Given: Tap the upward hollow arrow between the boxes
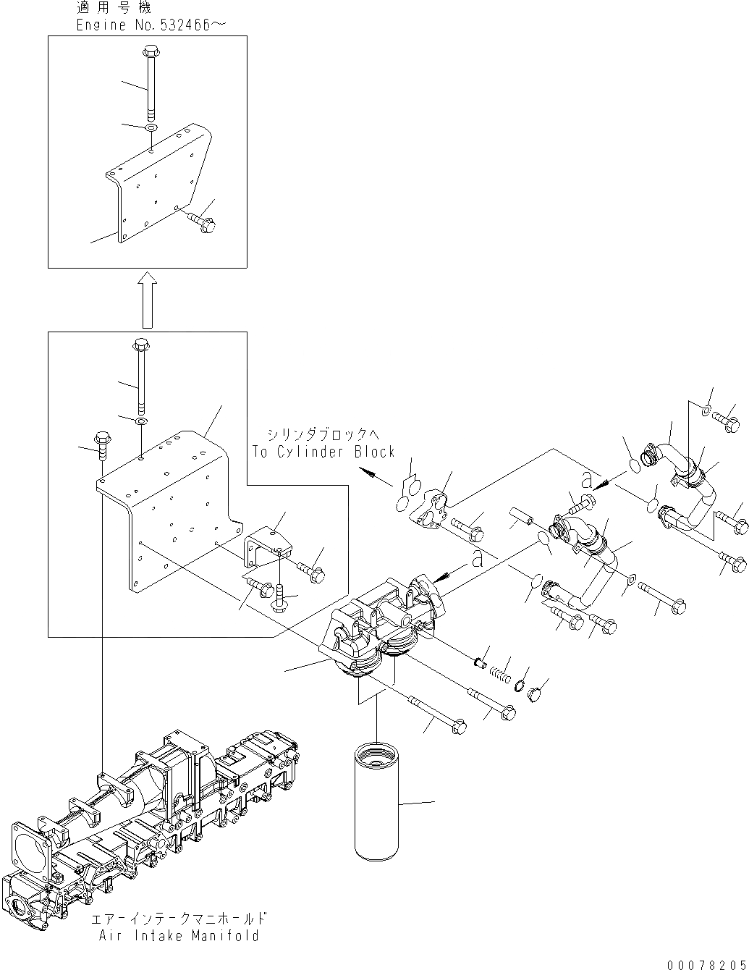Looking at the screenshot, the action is (x=148, y=300).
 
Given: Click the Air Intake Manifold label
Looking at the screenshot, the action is (x=179, y=935).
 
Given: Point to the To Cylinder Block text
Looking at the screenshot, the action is (x=323, y=452).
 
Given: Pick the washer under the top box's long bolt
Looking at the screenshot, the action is (x=151, y=128).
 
